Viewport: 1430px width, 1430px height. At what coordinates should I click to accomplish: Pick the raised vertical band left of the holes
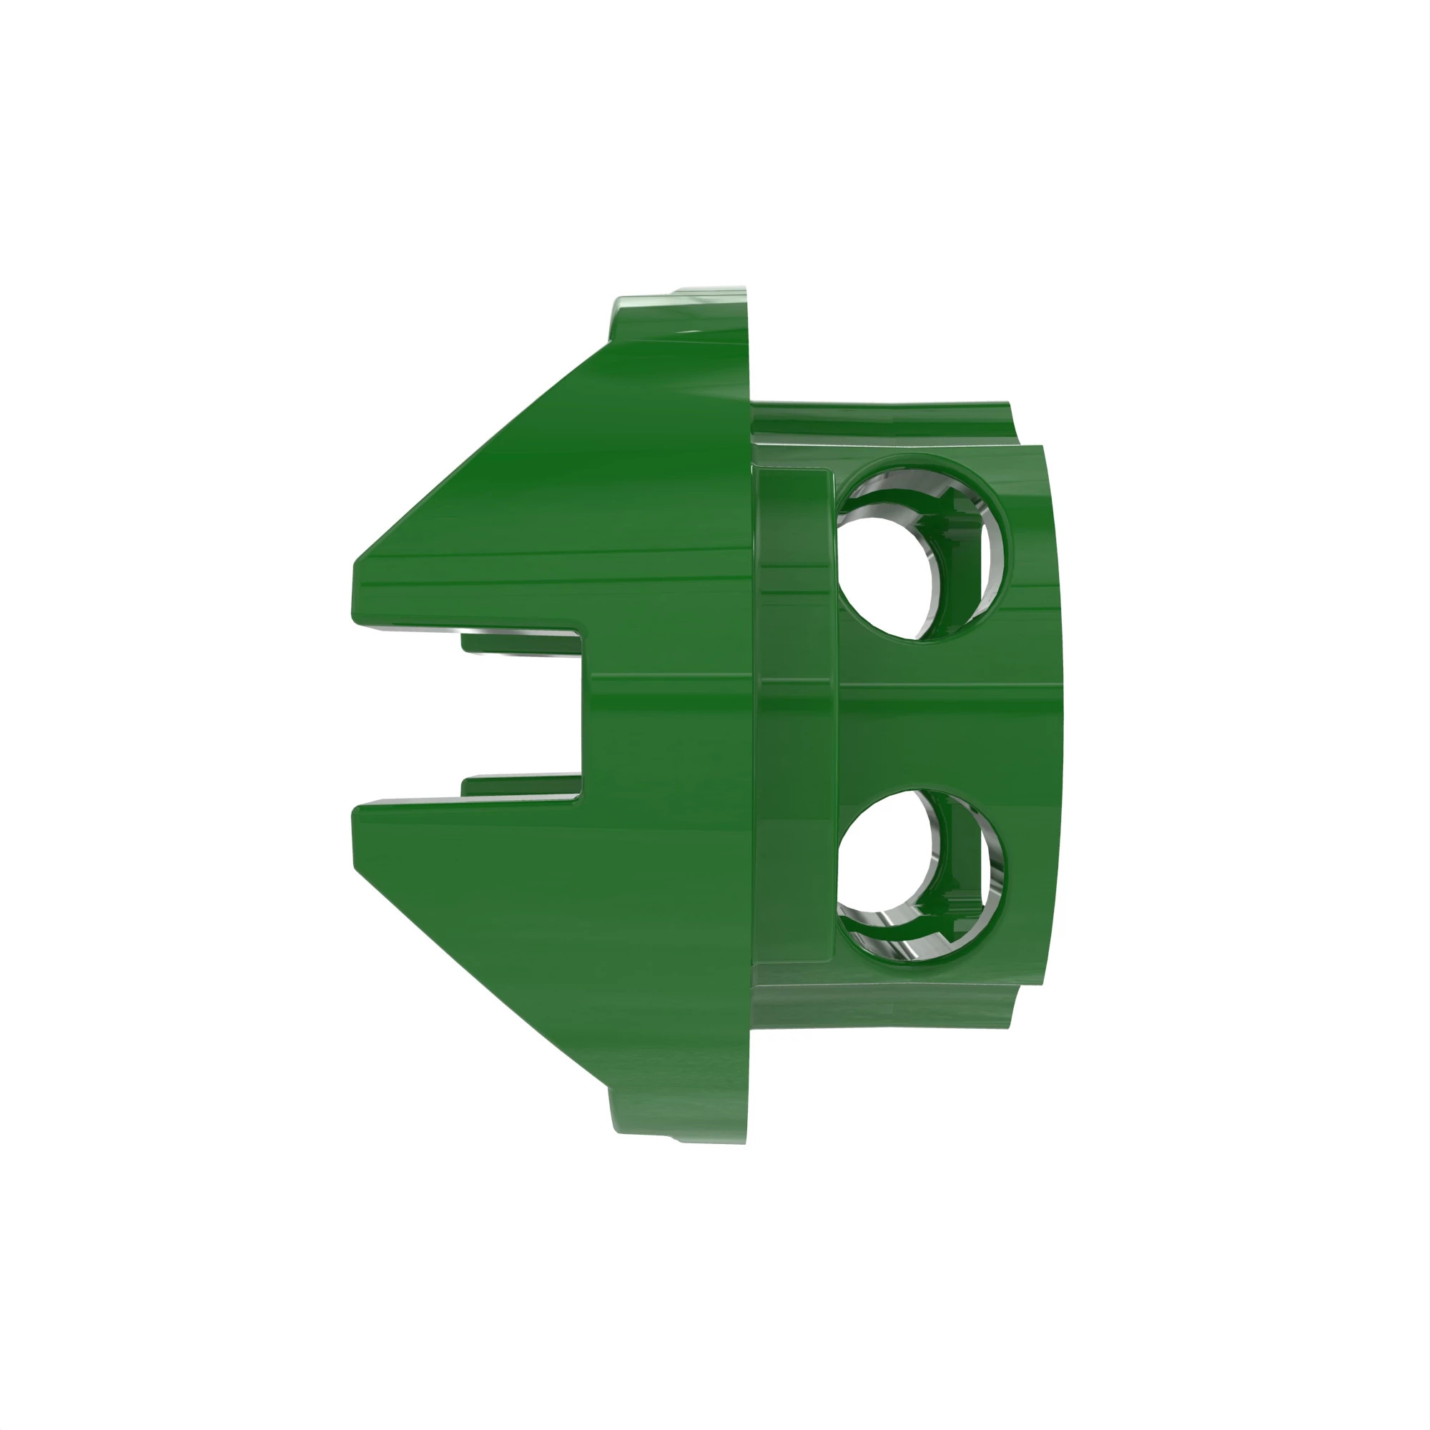(796, 714)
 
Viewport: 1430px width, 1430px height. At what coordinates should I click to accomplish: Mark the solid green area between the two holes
(940, 714)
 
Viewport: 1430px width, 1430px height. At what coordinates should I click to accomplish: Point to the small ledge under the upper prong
(518, 641)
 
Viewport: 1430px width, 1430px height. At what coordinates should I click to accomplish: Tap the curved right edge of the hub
(1058, 714)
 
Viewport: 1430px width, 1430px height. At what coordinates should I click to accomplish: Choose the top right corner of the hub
(1040, 448)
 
